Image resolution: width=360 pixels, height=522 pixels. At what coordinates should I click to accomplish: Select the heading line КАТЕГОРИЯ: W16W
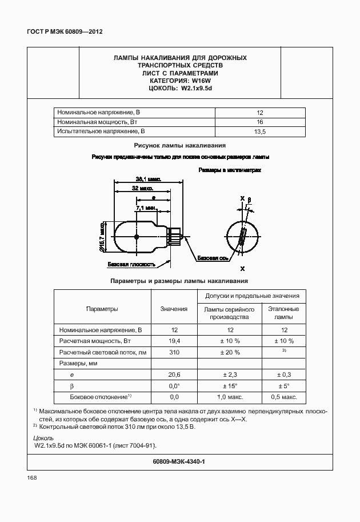[180, 81]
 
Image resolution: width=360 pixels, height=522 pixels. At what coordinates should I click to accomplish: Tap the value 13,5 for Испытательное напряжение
[259, 132]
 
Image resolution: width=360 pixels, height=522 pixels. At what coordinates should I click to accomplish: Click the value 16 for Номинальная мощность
[259, 122]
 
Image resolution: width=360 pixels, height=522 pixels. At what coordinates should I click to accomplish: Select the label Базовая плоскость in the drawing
[132, 265]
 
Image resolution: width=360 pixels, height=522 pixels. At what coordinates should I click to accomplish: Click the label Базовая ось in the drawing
[213, 258]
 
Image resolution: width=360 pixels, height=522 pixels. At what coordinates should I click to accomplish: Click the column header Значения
[174, 309]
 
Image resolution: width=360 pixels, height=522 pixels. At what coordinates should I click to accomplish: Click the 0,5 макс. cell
[283, 397]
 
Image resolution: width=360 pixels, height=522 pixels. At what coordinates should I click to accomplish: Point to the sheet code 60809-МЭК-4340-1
[179, 461]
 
